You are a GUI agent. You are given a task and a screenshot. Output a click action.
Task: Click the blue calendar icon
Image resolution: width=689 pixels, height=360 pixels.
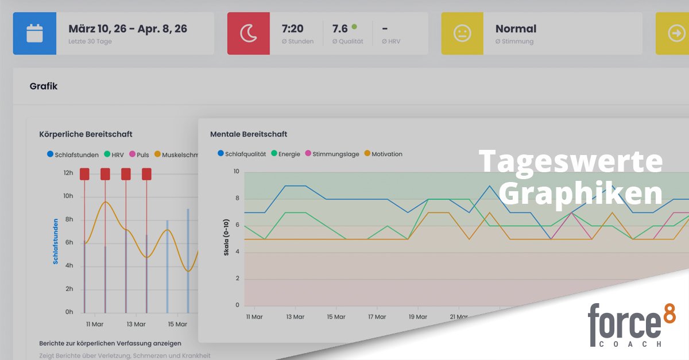pos(34,33)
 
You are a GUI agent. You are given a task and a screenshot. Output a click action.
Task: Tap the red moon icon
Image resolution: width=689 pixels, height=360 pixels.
pos(249,33)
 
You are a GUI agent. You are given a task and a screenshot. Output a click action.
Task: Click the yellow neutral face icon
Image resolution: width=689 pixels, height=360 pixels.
pos(462,33)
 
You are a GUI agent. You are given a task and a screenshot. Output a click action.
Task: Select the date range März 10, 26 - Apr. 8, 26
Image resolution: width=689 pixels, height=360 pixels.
pos(127,29)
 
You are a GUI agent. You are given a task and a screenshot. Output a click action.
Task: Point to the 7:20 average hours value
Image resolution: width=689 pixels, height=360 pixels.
pos(293,29)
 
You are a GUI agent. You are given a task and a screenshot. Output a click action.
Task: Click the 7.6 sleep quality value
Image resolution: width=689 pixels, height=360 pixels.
pos(340,29)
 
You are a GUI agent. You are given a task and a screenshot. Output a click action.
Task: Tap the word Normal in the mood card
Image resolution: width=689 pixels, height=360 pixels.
pos(516,29)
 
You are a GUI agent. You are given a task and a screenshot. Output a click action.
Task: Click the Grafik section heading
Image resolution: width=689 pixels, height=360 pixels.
pos(44,86)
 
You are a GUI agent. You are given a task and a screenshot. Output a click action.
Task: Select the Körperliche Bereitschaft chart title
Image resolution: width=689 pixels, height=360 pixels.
pos(86,134)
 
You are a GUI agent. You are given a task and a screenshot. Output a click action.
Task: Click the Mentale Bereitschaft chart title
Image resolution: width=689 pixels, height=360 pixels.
pos(249,134)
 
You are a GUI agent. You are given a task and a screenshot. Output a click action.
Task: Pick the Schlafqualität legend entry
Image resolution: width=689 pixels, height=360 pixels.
pos(242,154)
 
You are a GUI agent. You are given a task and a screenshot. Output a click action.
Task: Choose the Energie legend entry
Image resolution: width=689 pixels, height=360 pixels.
pos(285,154)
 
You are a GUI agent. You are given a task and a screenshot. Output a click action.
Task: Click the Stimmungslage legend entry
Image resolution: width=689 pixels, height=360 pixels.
pos(332,154)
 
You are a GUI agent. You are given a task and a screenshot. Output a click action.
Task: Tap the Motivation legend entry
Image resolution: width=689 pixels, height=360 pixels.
pos(383,154)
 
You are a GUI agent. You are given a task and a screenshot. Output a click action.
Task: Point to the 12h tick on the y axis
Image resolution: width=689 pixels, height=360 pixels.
pos(68,173)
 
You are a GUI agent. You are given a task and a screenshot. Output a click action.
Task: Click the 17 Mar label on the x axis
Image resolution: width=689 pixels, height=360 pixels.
pos(377,316)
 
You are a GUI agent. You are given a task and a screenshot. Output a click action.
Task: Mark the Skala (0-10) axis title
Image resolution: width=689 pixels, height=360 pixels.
pos(227,238)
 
